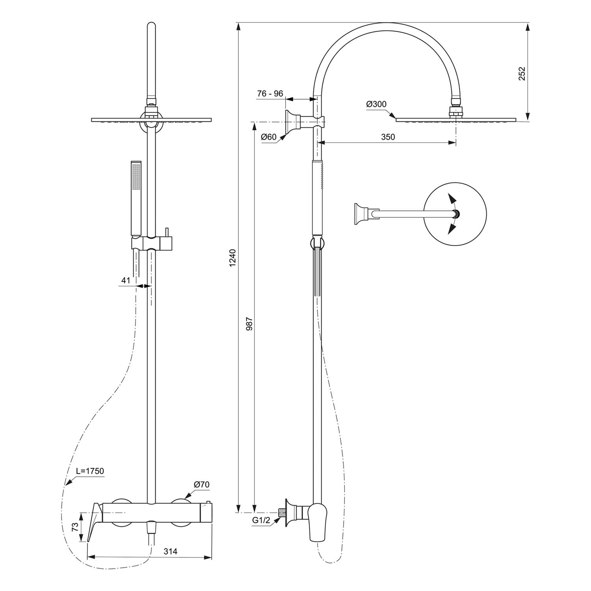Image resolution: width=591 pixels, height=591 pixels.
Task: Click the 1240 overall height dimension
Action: pyautogui.click(x=232, y=258)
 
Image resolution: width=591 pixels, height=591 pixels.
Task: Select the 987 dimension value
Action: pyautogui.click(x=249, y=323)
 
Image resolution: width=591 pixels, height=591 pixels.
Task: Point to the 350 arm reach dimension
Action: pyautogui.click(x=388, y=137)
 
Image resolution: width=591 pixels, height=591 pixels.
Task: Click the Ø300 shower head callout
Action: pyautogui.click(x=376, y=104)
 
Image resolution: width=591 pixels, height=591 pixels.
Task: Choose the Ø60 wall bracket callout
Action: pyautogui.click(x=269, y=137)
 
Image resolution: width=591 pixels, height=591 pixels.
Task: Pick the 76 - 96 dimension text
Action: pyautogui.click(x=270, y=94)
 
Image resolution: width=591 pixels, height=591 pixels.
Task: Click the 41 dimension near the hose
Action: pyautogui.click(x=126, y=280)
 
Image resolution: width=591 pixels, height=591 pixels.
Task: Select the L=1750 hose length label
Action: pyautogui.click(x=90, y=471)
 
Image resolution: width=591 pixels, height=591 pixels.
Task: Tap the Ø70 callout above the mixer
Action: pyautogui.click(x=202, y=485)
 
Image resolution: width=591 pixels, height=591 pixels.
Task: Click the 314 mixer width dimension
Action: pyautogui.click(x=170, y=551)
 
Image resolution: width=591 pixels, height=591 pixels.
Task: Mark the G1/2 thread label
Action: pyautogui.click(x=261, y=520)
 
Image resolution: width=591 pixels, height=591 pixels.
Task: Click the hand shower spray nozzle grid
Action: pyautogui.click(x=136, y=177)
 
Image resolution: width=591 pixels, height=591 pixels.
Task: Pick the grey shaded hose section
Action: pyautogui.click(x=318, y=271)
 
